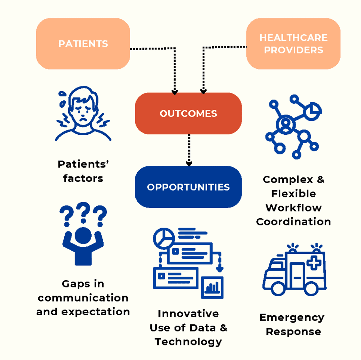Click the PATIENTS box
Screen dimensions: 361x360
(x=83, y=44)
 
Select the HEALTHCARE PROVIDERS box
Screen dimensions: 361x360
(x=293, y=44)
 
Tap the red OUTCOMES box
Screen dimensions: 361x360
(x=188, y=114)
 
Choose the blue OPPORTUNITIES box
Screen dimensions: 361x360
(x=188, y=187)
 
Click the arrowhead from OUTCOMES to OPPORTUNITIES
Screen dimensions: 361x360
(x=189, y=163)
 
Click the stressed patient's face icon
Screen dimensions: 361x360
(x=84, y=110)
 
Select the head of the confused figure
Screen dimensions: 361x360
(x=83, y=235)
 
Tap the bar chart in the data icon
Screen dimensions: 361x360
(x=212, y=287)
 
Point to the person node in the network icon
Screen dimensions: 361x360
(x=285, y=125)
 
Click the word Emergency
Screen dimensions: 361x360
(x=292, y=318)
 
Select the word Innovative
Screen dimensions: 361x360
(x=188, y=314)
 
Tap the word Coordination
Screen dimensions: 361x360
(x=293, y=222)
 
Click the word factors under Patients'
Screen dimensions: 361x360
(x=83, y=178)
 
